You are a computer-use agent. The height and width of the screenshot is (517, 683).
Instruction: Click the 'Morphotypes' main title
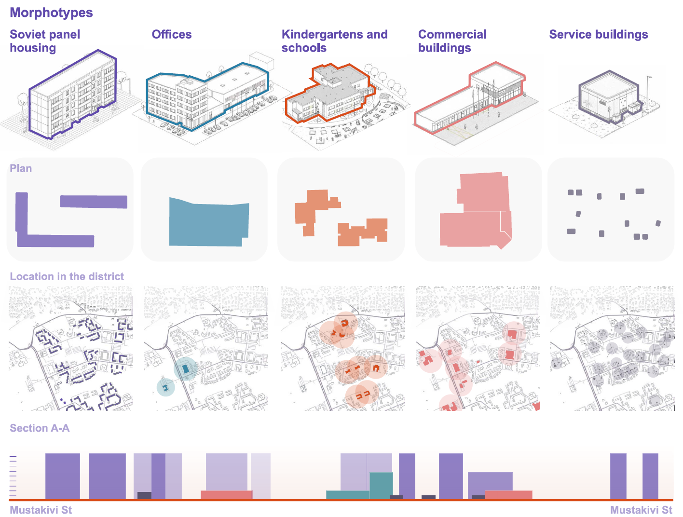(51, 13)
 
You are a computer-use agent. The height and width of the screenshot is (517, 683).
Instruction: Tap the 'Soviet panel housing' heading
(45, 41)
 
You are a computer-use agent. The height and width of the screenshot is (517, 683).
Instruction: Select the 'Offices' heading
(171, 34)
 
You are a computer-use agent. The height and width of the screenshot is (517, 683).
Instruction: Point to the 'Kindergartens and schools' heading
(334, 41)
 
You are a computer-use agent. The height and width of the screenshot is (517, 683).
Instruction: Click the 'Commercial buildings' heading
(452, 41)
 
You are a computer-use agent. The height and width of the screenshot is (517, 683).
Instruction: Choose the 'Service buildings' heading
(598, 34)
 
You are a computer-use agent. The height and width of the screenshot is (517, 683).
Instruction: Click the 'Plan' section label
(21, 168)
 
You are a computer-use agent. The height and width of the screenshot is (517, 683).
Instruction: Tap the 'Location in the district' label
(67, 276)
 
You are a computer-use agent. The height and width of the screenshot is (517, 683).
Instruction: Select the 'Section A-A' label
(40, 428)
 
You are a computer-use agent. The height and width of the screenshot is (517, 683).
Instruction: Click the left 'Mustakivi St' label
(41, 510)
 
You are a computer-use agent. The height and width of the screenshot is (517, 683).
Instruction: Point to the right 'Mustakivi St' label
(641, 510)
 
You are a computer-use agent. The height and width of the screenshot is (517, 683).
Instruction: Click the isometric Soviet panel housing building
(72, 96)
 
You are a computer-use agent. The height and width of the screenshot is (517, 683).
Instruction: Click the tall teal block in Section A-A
(381, 485)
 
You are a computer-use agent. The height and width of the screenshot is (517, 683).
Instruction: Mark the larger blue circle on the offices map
(186, 369)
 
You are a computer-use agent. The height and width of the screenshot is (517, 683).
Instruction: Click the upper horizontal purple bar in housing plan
(94, 202)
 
